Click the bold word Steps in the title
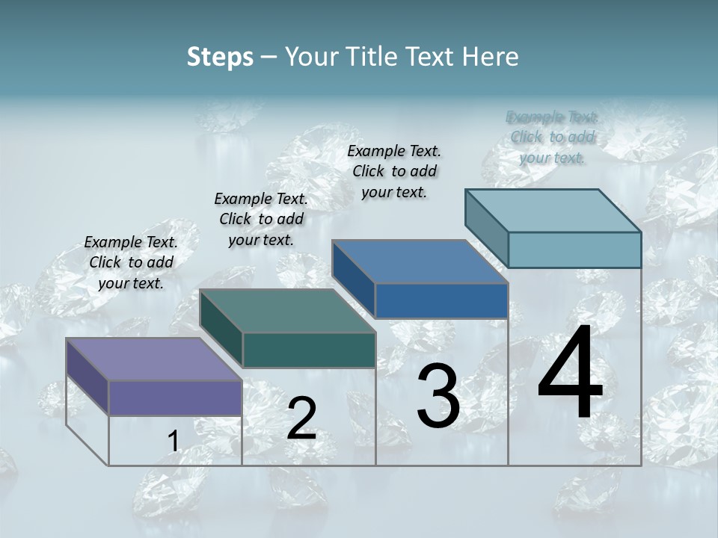coord(220,57)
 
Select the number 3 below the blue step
coord(438,396)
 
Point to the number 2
coord(301,419)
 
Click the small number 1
coord(173,442)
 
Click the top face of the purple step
coord(153,359)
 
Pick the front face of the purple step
coord(175,398)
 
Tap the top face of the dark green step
coord(287,311)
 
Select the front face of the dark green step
coord(309,350)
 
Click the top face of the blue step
coord(420,262)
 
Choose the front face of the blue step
coord(441,300)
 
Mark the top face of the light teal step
coord(553,211)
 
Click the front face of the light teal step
coord(574,250)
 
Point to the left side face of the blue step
coord(353,279)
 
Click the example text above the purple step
coord(131,262)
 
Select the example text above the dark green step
coord(261,219)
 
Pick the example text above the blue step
coord(394,171)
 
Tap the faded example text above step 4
coord(552,137)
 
